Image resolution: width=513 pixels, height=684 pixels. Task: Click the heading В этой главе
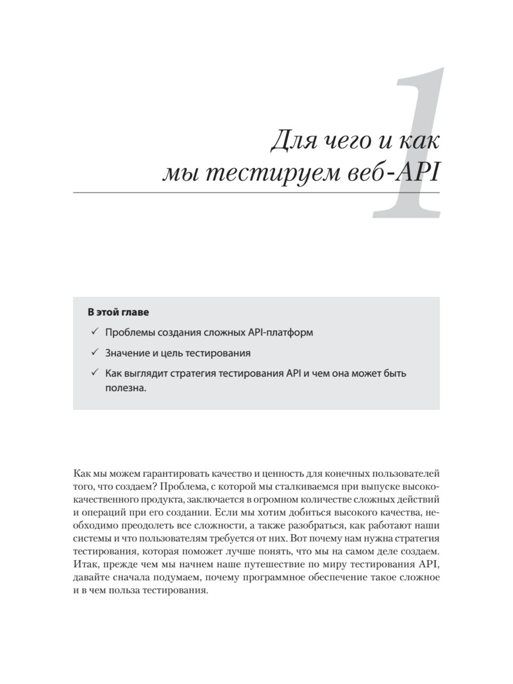(118, 312)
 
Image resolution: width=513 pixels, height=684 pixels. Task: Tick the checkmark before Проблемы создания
(94, 332)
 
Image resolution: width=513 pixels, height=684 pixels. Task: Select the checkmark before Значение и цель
(94, 353)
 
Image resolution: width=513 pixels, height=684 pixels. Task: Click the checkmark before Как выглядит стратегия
(94, 373)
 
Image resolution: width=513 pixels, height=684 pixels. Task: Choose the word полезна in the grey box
(126, 388)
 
